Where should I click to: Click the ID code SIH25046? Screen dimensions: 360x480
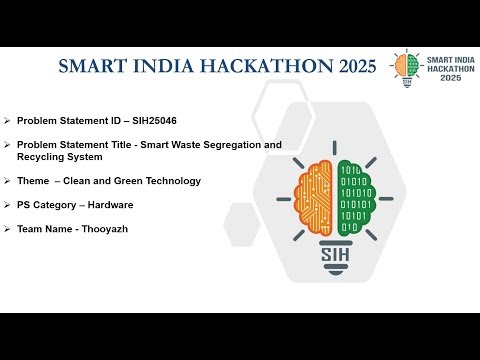[149, 120]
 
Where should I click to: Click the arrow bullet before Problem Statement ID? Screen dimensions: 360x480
[7, 120]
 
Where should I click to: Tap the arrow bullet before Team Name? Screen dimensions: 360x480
[7, 229]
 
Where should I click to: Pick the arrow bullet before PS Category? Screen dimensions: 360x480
[7, 205]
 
